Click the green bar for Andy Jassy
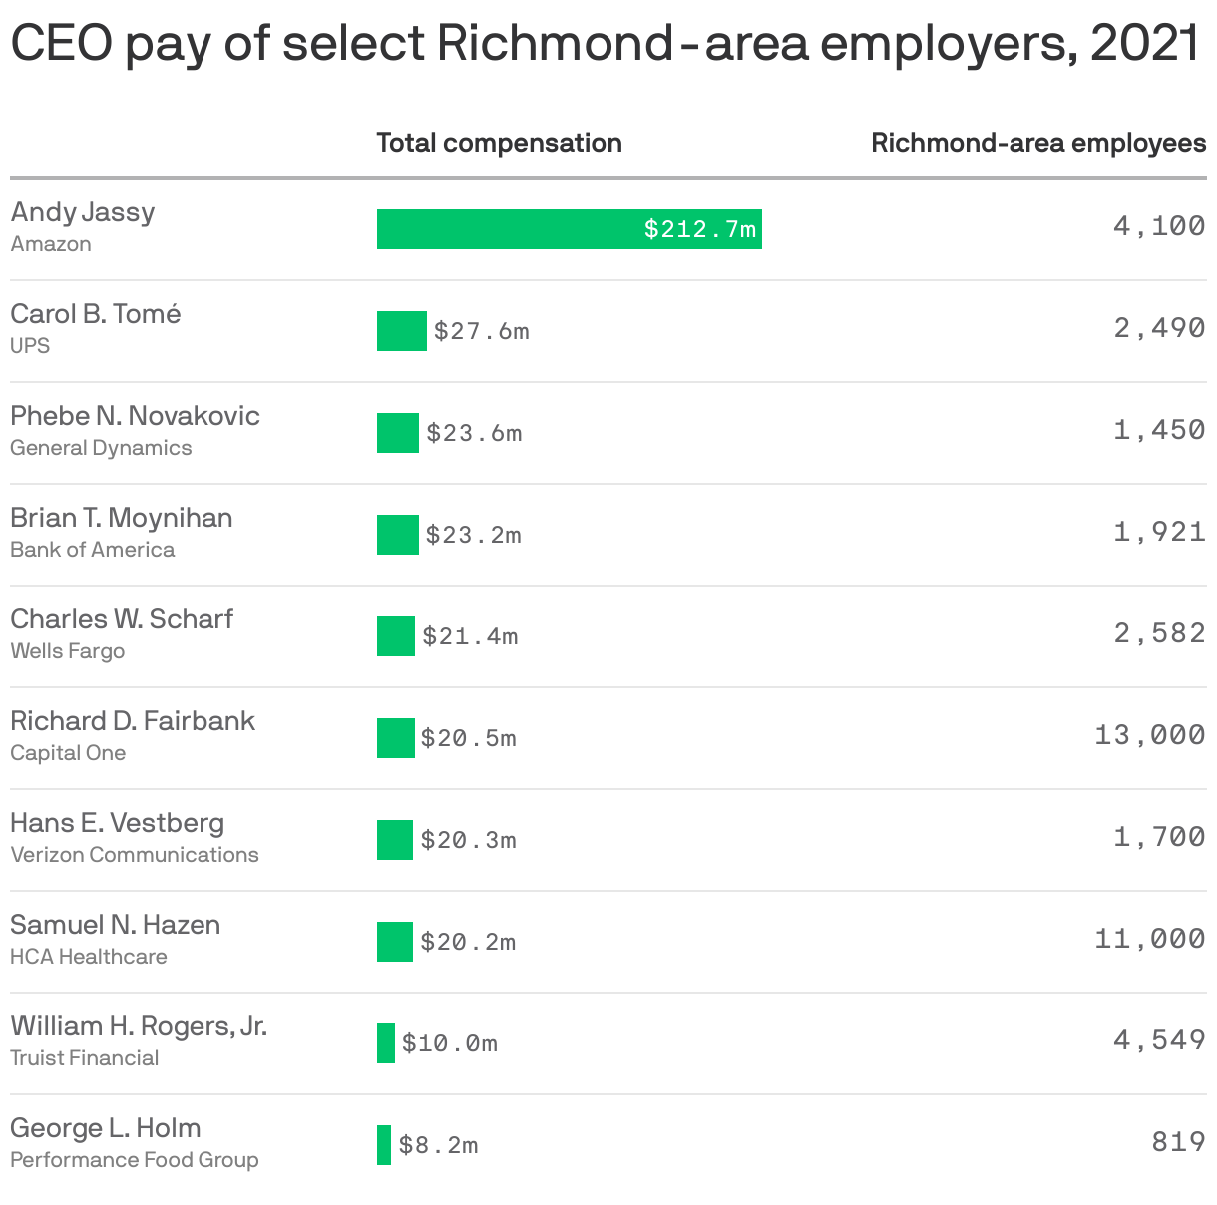[569, 229]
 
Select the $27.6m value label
[481, 331]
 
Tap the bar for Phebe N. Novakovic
[397, 433]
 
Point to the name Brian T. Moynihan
[122, 518]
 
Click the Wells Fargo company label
[68, 651]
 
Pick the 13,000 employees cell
[1149, 735]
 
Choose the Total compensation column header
[499, 143]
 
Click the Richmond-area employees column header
[1037, 143]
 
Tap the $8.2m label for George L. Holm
[438, 1145]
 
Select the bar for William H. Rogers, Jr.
[385, 1043]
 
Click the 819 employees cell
[1178, 1141]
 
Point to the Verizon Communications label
[135, 855]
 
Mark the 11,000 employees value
[1149, 939]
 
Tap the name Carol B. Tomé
[96, 314]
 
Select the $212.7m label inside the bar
[700, 230]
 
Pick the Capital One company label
[68, 753]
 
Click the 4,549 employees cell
[1159, 1040]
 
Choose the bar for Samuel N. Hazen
[394, 942]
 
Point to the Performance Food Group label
[135, 1160]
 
